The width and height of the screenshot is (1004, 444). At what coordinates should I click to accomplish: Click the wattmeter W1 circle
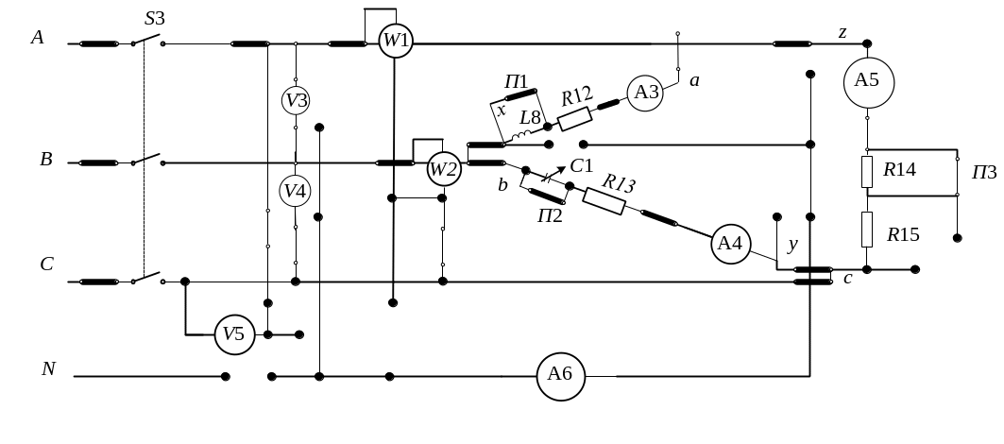(396, 42)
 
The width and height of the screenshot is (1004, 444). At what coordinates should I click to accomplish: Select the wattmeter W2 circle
(443, 170)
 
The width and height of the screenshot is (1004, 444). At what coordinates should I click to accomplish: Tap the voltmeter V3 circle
(297, 99)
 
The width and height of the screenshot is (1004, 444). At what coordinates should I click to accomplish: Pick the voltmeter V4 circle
(297, 192)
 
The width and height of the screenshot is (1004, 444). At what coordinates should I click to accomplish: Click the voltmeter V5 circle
(233, 333)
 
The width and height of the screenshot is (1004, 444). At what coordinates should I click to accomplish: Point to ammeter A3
(646, 93)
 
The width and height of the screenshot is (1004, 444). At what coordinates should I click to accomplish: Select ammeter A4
(730, 244)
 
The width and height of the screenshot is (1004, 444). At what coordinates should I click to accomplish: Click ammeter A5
(867, 81)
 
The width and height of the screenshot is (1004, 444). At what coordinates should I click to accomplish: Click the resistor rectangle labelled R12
(574, 118)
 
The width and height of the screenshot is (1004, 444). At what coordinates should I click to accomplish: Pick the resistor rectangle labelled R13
(604, 200)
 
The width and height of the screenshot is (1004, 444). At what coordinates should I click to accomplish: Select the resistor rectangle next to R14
(867, 172)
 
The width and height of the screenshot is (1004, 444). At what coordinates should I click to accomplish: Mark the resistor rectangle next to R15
(867, 230)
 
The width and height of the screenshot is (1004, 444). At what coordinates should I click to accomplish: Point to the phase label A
(38, 38)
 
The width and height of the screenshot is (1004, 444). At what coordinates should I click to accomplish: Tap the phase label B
(44, 160)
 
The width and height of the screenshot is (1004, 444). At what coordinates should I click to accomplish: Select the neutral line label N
(47, 368)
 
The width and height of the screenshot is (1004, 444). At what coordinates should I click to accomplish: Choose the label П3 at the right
(984, 173)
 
